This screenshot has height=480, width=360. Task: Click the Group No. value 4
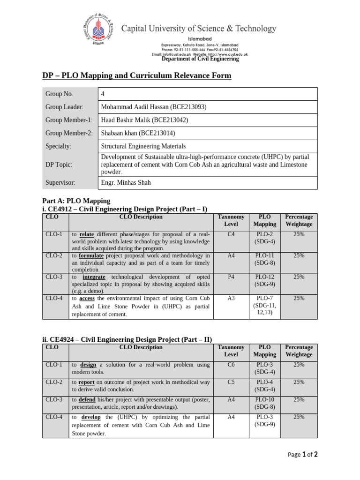(103, 94)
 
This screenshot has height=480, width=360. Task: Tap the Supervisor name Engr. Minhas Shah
(126, 182)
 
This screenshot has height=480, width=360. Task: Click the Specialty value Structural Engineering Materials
(143, 146)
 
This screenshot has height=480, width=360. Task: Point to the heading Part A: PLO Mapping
(76, 201)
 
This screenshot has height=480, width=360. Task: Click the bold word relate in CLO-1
(87, 234)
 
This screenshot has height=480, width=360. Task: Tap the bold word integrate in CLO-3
(93, 277)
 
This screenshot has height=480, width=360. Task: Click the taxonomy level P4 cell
(231, 277)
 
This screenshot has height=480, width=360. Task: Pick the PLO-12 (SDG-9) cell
(265, 280)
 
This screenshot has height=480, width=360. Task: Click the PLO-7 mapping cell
(265, 305)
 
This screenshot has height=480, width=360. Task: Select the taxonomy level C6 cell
(231, 364)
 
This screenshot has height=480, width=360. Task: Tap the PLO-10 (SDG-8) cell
(265, 403)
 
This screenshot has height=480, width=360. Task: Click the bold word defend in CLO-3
(87, 400)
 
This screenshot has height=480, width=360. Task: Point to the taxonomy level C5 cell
(231, 382)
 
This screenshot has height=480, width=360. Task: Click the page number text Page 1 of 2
(303, 454)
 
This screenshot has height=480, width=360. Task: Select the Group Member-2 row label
(69, 133)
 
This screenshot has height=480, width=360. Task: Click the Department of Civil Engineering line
(200, 59)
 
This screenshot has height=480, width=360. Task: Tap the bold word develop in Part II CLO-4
(91, 417)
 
